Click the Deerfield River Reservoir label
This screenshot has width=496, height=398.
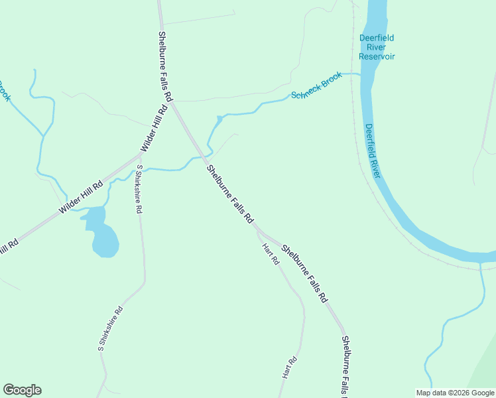(377, 47)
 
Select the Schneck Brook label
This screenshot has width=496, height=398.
(317, 86)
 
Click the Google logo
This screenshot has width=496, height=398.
(22, 390)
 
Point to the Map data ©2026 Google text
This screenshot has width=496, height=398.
(455, 393)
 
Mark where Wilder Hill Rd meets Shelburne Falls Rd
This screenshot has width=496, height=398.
(171, 101)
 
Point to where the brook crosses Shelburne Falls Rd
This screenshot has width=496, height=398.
(205, 157)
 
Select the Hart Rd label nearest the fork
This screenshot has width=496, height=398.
(270, 255)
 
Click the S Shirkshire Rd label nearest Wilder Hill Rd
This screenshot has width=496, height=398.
(138, 189)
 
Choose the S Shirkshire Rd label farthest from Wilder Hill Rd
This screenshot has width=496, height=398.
(110, 328)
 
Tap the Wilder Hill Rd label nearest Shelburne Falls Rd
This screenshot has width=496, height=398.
(153, 129)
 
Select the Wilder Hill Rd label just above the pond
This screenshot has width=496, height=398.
(81, 197)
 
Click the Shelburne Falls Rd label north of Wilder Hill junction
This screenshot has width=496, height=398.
(165, 66)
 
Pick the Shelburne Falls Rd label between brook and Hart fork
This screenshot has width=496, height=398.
(229, 193)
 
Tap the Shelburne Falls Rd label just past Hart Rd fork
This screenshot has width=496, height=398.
(304, 274)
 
